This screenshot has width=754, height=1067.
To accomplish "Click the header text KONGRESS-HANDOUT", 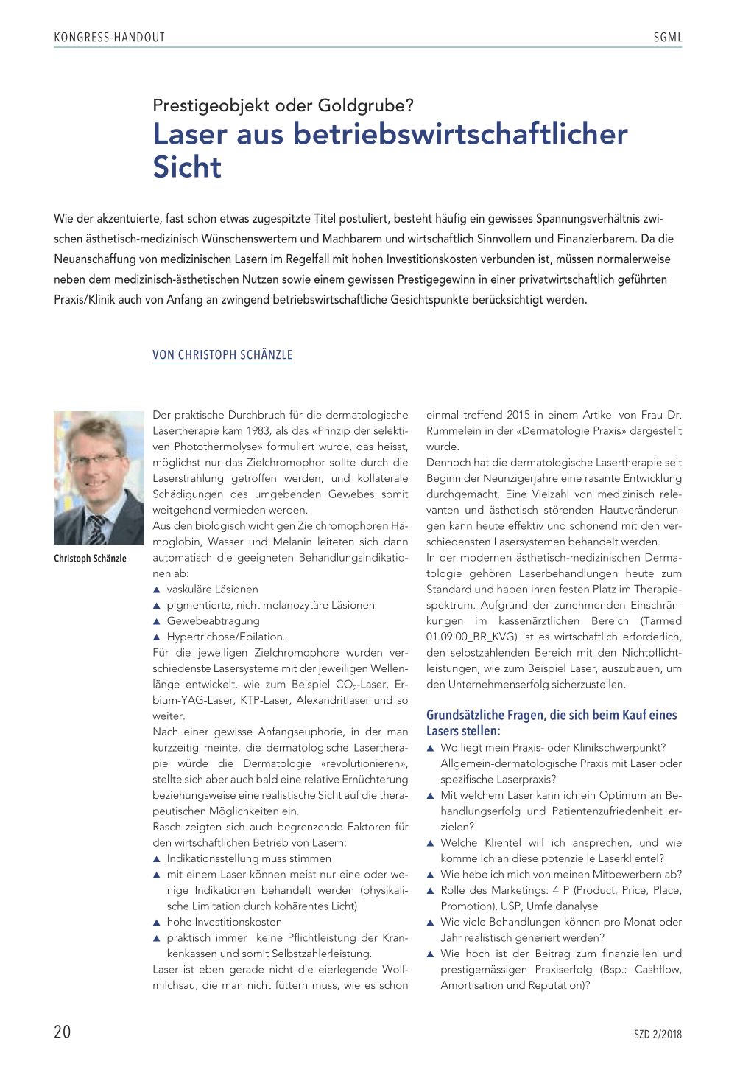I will [109, 38].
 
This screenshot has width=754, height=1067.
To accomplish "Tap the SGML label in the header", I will [667, 38].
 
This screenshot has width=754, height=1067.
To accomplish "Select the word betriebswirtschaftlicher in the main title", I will [460, 134].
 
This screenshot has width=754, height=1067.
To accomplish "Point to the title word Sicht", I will [187, 167].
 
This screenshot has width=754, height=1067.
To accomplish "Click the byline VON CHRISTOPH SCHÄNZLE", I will [222, 355].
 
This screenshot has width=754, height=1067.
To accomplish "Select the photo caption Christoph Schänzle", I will [90, 559].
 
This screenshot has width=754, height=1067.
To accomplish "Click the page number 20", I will [63, 1032].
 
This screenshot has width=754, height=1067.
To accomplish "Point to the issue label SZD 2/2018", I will [658, 1035].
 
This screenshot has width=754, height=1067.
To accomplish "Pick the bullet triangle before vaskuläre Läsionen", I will [156, 590].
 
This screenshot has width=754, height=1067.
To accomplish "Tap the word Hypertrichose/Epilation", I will [225, 637].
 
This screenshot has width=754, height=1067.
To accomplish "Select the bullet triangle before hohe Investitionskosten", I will [156, 923].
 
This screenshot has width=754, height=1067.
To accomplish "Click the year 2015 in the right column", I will [518, 415].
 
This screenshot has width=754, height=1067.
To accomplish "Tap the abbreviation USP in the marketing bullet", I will [510, 906].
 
